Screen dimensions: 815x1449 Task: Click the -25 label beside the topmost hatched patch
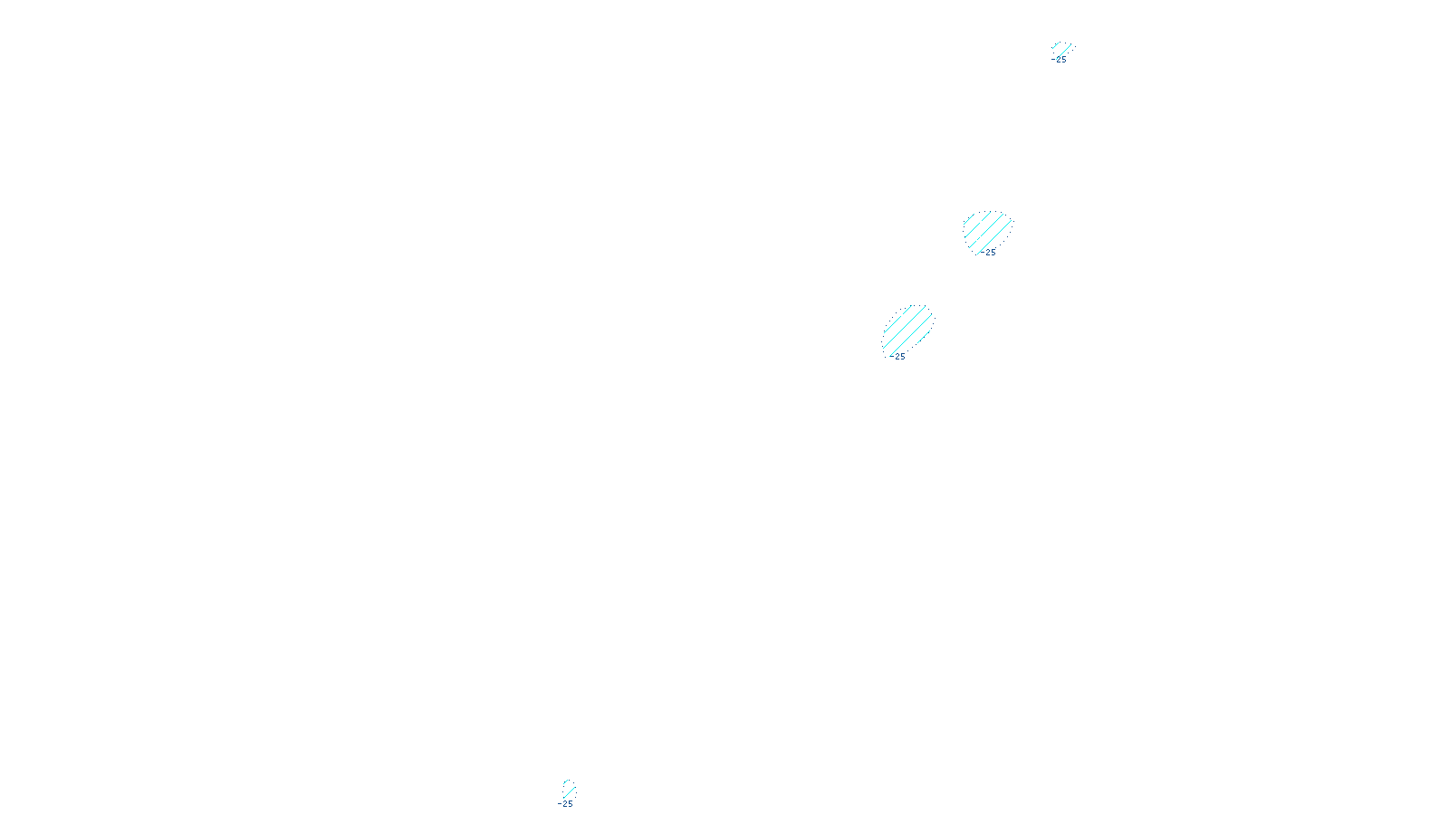pyautogui.click(x=1060, y=61)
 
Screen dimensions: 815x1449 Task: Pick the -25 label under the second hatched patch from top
pyautogui.click(x=989, y=253)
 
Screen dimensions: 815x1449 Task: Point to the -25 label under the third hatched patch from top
pyautogui.click(x=897, y=357)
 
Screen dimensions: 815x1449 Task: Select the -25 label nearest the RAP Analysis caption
pyautogui.click(x=566, y=804)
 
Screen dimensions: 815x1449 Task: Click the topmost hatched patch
pyautogui.click(x=1061, y=49)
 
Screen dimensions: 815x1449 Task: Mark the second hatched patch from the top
pyautogui.click(x=986, y=232)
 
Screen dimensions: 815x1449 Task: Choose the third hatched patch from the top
pyautogui.click(x=907, y=330)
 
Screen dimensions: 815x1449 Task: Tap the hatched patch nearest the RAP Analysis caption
pyautogui.click(x=568, y=789)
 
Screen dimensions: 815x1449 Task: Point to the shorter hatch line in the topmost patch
pyautogui.click(x=1056, y=45)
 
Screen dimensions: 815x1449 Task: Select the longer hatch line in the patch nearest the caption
pyautogui.click(x=569, y=791)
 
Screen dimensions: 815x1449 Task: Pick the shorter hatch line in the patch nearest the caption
pyautogui.click(x=566, y=783)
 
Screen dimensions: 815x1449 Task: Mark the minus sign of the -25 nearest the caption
pyautogui.click(x=560, y=804)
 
